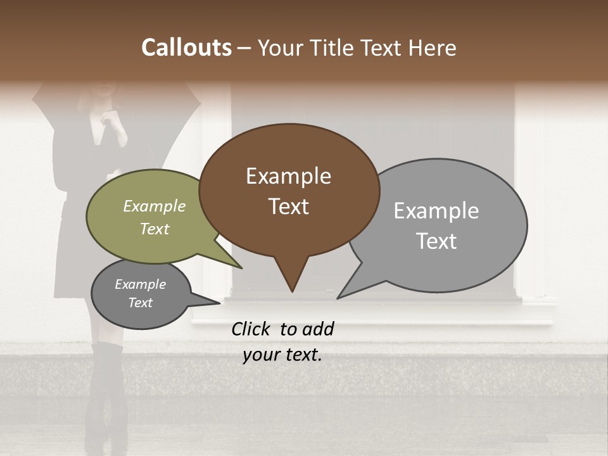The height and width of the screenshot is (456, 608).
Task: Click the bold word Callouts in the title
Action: click(x=186, y=47)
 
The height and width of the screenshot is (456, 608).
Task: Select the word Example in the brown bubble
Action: click(x=288, y=176)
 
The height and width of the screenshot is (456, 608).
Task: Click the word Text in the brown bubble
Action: click(x=288, y=206)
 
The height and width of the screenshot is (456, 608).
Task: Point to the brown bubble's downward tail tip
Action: click(x=292, y=290)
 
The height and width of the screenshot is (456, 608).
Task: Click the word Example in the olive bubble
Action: click(x=154, y=206)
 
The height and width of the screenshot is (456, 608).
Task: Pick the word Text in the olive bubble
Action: click(x=154, y=229)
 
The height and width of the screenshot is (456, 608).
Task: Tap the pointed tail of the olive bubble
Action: click(x=239, y=267)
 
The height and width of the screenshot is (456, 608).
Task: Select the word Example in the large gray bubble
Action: click(x=436, y=211)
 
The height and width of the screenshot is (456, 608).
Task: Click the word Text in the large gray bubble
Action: click(x=436, y=241)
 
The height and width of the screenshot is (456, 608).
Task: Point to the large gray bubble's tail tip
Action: click(x=339, y=297)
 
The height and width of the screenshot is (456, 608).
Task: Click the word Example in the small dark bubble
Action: click(x=140, y=284)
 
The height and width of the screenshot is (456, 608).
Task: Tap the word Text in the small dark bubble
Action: click(x=140, y=303)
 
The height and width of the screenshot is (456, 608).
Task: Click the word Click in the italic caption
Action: click(x=251, y=329)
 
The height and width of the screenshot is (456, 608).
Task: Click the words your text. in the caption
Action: click(x=282, y=355)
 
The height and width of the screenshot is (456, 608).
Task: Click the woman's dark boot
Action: click(x=105, y=393)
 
